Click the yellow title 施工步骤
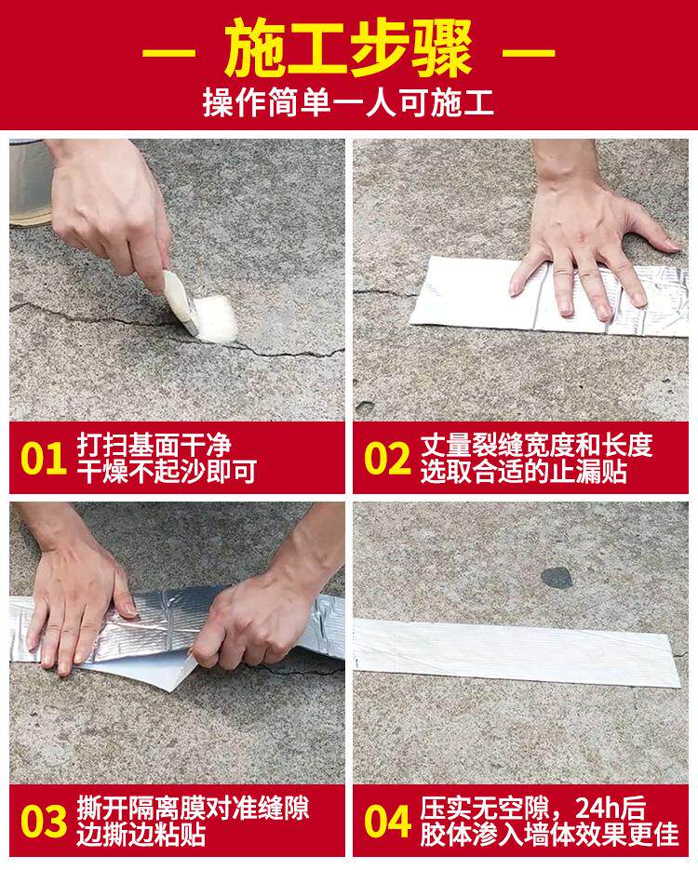(x=348, y=48)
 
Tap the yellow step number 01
(x=43, y=459)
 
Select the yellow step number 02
(x=387, y=459)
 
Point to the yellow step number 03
(x=44, y=822)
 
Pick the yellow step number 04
(x=387, y=822)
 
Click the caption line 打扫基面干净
(x=154, y=446)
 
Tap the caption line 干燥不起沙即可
(x=167, y=472)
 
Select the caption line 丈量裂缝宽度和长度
(x=536, y=446)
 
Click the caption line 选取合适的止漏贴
(x=523, y=472)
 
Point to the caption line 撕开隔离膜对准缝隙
(x=193, y=809)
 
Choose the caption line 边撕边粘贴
(x=141, y=835)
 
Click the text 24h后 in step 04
(x=611, y=809)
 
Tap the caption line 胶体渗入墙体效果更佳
(x=549, y=835)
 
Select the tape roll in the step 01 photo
(x=31, y=182)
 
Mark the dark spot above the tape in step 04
(x=557, y=579)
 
